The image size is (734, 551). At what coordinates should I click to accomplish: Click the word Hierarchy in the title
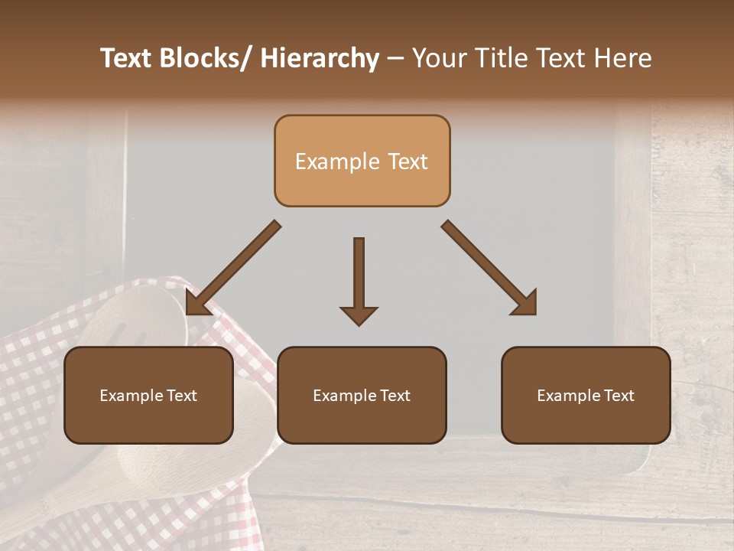tap(320, 59)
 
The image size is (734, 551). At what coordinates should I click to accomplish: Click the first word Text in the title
tap(127, 59)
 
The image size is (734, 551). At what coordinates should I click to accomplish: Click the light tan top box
tap(362, 161)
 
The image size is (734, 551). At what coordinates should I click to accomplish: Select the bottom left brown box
tap(148, 396)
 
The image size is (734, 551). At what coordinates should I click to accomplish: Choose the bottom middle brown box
tap(362, 396)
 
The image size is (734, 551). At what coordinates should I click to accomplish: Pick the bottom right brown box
tap(586, 396)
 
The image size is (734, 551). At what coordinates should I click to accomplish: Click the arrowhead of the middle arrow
tap(359, 315)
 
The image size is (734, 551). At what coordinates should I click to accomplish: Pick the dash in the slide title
tap(395, 59)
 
